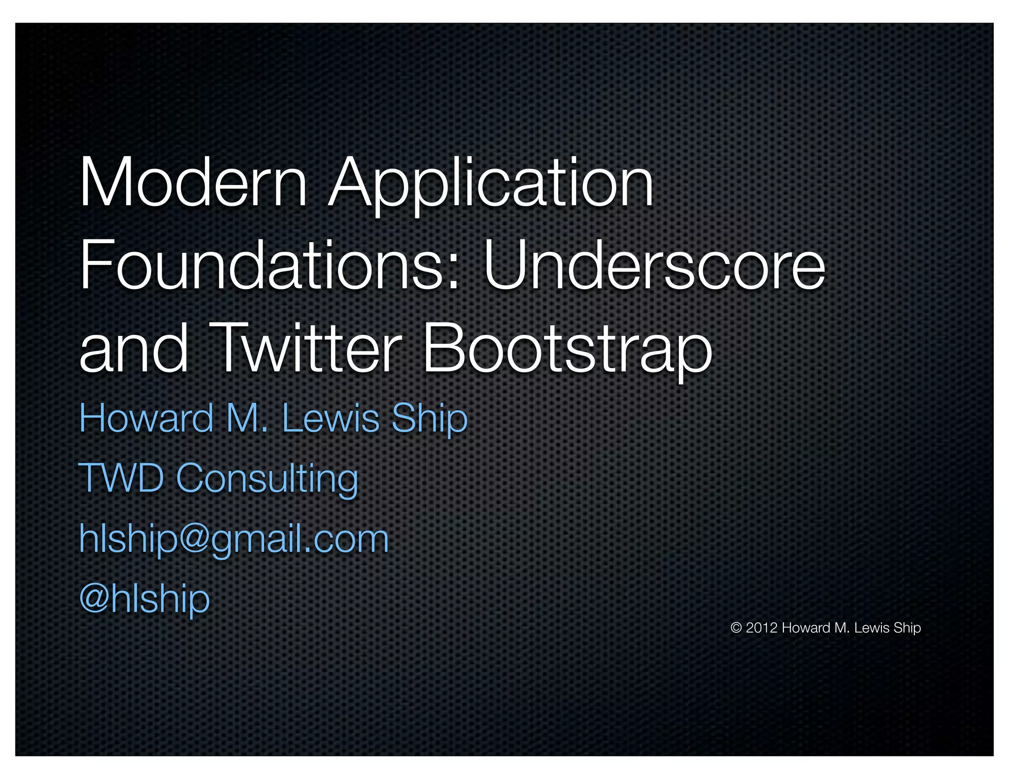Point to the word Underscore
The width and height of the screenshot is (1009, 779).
654,266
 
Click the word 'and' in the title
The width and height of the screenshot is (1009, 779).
134,349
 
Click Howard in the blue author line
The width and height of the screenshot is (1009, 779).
146,419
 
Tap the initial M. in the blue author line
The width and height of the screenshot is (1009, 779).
247,419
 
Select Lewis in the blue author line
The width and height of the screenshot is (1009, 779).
331,419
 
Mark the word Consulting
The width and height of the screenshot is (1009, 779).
267,479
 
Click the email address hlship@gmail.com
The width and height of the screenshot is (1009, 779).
234,539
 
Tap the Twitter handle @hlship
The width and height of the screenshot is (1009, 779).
144,599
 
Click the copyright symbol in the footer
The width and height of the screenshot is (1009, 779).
736,628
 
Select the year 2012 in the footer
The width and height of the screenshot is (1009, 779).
762,628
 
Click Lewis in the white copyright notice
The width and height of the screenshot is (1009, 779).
872,628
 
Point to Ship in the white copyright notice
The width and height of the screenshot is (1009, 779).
907,628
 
